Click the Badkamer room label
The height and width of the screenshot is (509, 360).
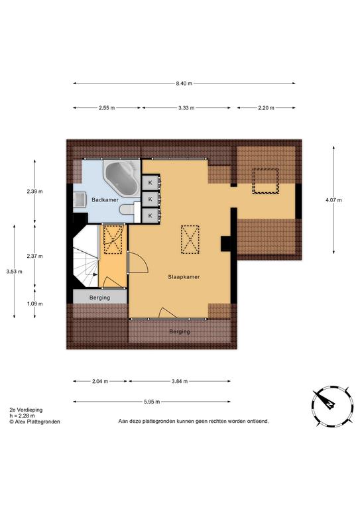coord(105,200)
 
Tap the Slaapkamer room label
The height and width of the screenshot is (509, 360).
coord(184,277)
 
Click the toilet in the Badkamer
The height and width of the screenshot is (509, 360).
coord(127,209)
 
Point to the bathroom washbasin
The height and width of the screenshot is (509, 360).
coord(80,199)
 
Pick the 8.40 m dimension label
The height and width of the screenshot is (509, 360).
coord(184,84)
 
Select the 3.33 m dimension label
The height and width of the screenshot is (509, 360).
coord(186,108)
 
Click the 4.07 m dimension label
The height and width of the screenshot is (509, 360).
coord(333,200)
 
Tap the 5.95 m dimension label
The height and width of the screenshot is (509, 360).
coord(152,402)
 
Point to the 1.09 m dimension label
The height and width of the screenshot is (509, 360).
coord(34,304)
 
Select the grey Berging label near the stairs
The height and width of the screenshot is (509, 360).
coord(99,298)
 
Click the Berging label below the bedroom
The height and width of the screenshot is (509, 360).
coord(180,332)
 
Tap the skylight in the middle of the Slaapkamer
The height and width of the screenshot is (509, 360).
coord(190,239)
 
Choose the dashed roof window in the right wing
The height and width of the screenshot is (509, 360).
coord(266,181)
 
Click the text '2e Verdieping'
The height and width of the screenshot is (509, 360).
coord(26,410)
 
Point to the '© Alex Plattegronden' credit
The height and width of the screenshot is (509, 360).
coord(34,422)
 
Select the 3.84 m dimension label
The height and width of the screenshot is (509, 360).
coord(180,382)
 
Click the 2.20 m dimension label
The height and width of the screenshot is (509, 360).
coord(266,108)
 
